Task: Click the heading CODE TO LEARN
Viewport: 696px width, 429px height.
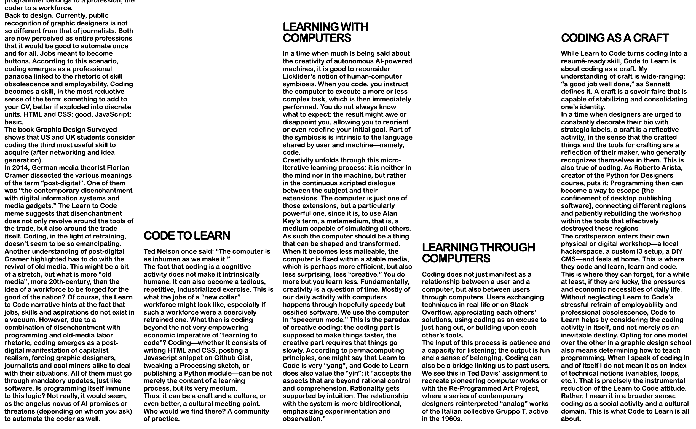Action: coord(187,236)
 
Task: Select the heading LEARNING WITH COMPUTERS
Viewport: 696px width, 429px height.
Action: coord(325,32)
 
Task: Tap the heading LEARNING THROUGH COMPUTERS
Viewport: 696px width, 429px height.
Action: coord(478,253)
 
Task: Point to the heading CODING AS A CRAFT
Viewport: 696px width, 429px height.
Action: coord(615,38)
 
